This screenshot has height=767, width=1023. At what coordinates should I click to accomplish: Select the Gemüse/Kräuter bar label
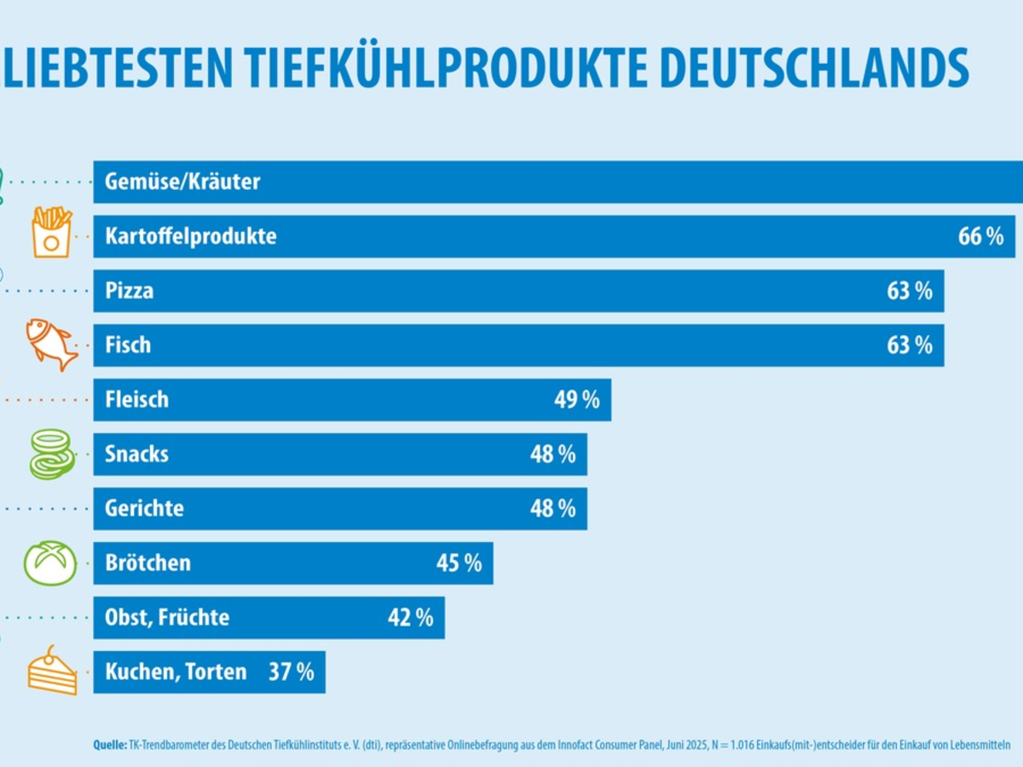[x=182, y=182]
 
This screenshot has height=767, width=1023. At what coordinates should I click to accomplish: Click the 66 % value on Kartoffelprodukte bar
[x=980, y=236]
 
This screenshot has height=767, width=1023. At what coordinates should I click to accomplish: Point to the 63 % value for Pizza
[x=910, y=291]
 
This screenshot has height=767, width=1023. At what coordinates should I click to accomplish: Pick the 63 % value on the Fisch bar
[x=910, y=345]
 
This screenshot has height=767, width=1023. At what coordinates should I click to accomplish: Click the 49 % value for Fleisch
[x=577, y=400]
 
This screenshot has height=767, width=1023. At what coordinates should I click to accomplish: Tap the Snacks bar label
[x=136, y=454]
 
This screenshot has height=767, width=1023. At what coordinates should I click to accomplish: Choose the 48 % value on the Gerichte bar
[x=553, y=509]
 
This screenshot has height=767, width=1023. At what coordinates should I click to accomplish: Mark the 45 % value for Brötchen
[x=459, y=563]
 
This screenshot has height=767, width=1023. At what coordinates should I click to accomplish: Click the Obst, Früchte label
[x=167, y=617]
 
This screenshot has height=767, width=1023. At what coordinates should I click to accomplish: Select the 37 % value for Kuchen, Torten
[x=292, y=672]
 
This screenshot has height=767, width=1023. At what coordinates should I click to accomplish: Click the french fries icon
[x=51, y=232]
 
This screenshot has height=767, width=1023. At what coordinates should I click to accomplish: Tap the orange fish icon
[x=52, y=344]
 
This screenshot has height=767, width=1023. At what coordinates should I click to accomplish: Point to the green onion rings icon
[x=52, y=454]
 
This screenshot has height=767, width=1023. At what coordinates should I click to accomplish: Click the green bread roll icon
[x=50, y=562]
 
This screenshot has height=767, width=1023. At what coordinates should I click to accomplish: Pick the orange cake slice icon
[x=52, y=671]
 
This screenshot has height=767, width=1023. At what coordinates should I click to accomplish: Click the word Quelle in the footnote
[x=109, y=745]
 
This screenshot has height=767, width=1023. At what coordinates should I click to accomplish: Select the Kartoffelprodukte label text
[x=191, y=236]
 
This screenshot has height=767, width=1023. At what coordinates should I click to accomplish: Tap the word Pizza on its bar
[x=130, y=291]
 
